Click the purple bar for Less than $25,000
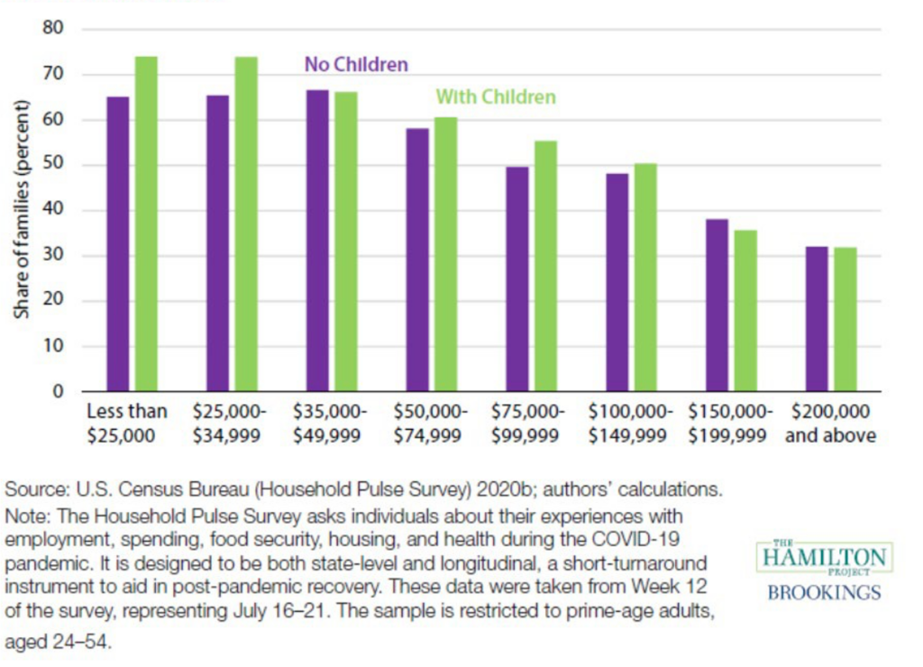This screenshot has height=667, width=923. tap(118, 244)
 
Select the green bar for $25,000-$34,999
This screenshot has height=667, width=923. tap(246, 224)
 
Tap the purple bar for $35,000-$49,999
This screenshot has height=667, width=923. tap(317, 241)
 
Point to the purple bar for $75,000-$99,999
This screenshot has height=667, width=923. tap(517, 279)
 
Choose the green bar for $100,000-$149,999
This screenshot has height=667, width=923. tap(645, 278)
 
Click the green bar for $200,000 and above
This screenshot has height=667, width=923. tap(845, 319)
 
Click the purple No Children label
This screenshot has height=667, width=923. tap(356, 65)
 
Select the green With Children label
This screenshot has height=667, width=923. tap(496, 96)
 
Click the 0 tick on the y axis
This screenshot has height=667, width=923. tap(59, 392)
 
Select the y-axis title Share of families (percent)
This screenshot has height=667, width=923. tap(22, 212)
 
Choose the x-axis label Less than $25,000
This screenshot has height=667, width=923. tap(127, 424)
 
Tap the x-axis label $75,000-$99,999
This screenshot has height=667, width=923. tap(528, 424)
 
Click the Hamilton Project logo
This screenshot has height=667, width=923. tap(825, 559)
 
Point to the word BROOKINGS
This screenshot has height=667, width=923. tap(825, 593)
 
